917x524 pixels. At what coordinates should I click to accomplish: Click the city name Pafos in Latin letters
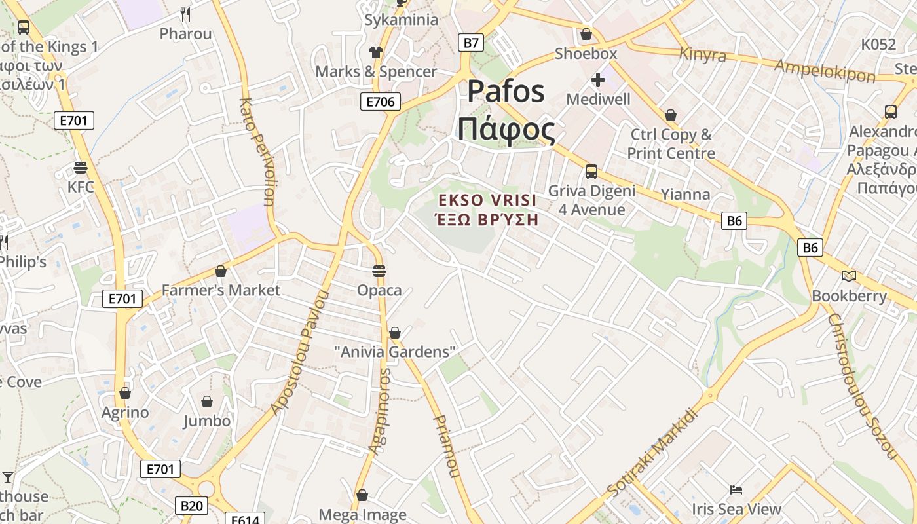[505, 91]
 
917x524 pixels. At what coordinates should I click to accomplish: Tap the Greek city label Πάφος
[506, 129]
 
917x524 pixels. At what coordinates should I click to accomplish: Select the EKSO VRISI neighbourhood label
[487, 200]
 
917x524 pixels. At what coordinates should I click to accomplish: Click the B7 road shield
[471, 43]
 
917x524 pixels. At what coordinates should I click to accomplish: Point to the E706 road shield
[380, 102]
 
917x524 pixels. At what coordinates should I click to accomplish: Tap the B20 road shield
[191, 506]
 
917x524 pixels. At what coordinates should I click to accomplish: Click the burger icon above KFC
[81, 168]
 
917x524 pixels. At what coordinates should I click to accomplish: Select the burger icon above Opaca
[379, 271]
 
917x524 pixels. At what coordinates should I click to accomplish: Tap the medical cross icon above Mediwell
[597, 80]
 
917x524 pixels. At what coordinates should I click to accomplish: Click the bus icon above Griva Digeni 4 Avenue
[591, 172]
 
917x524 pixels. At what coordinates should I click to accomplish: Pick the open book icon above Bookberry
[849, 276]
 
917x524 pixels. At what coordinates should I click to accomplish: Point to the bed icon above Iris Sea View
[736, 490]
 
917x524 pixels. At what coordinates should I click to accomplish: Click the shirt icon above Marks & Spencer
[375, 52]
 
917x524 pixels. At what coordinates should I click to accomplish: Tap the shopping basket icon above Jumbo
[207, 401]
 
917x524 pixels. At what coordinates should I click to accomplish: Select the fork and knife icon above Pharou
[185, 14]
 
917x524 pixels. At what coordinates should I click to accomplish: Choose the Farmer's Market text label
[221, 290]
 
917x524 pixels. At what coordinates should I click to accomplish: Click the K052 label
[878, 45]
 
